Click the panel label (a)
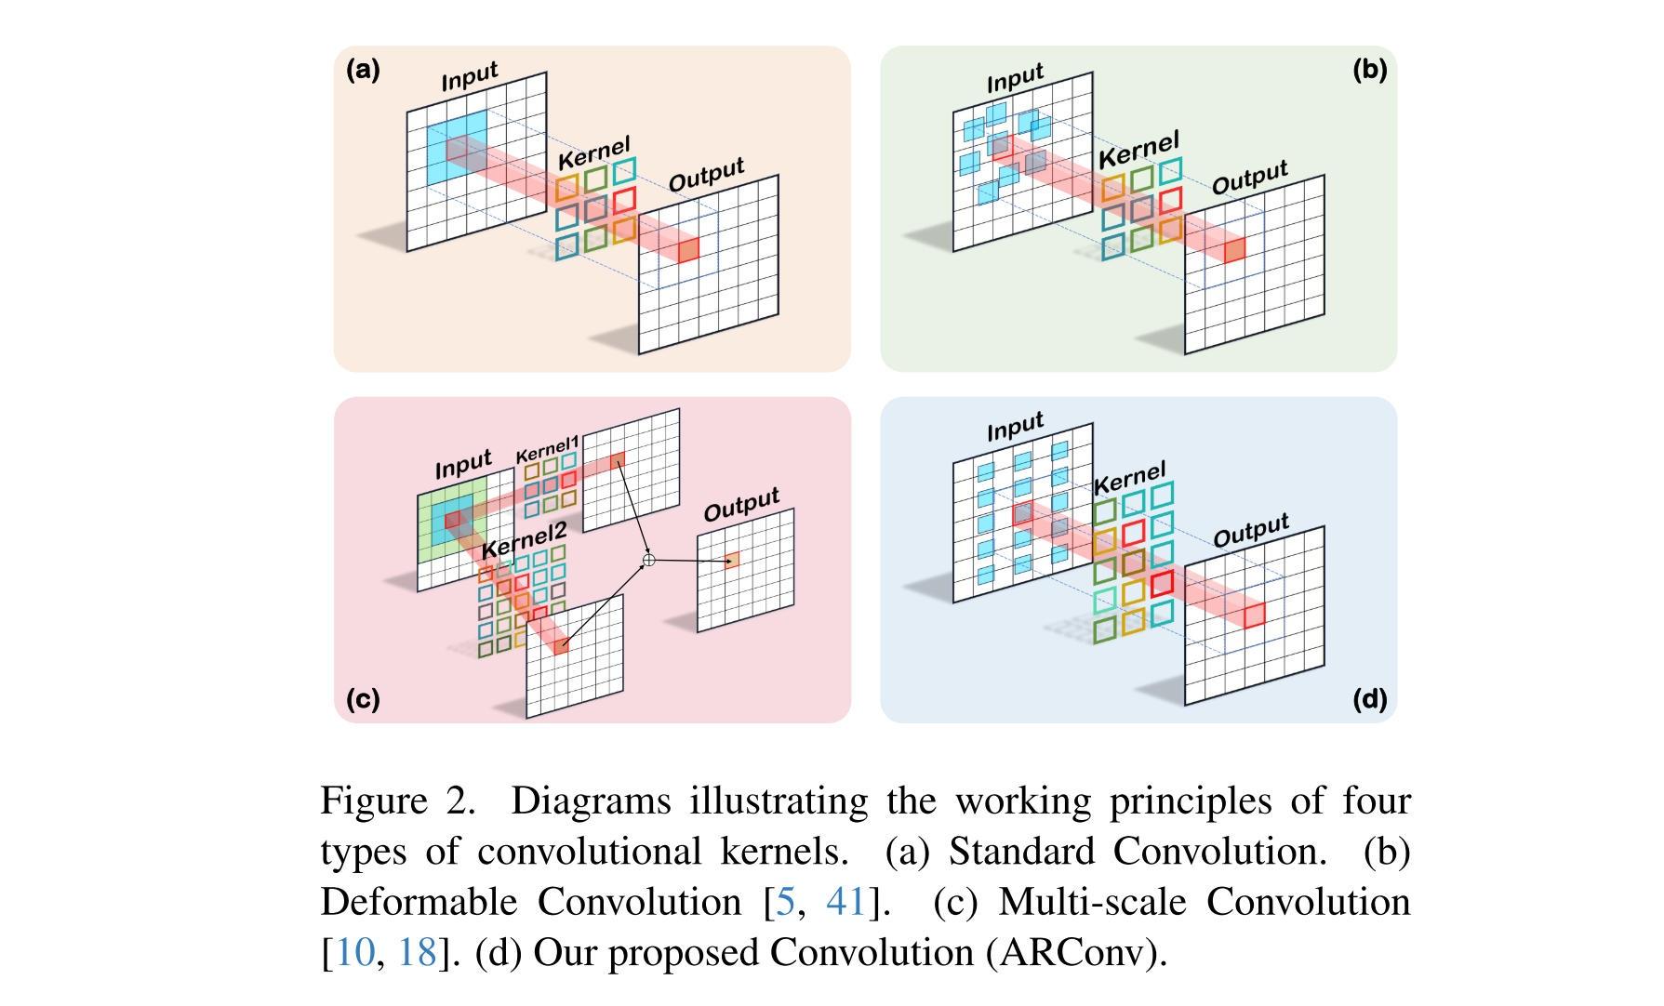pos(363,70)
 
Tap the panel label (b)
pos(1369,70)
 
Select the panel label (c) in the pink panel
pos(363,698)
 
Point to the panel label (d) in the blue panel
pos(1369,698)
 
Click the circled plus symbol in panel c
pos(649,560)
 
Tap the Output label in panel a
pos(706,175)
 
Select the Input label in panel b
pos(1015,78)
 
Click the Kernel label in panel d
pos(1128,479)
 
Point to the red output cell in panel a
pos(687,250)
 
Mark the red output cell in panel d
pos(1255,615)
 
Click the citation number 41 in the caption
pos(846,902)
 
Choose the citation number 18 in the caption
pos(418,952)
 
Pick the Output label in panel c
pos(741,504)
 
